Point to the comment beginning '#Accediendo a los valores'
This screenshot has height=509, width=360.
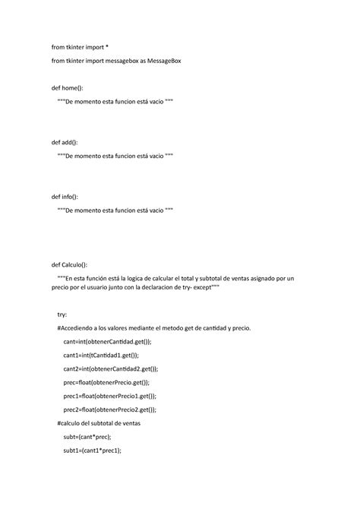159,327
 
